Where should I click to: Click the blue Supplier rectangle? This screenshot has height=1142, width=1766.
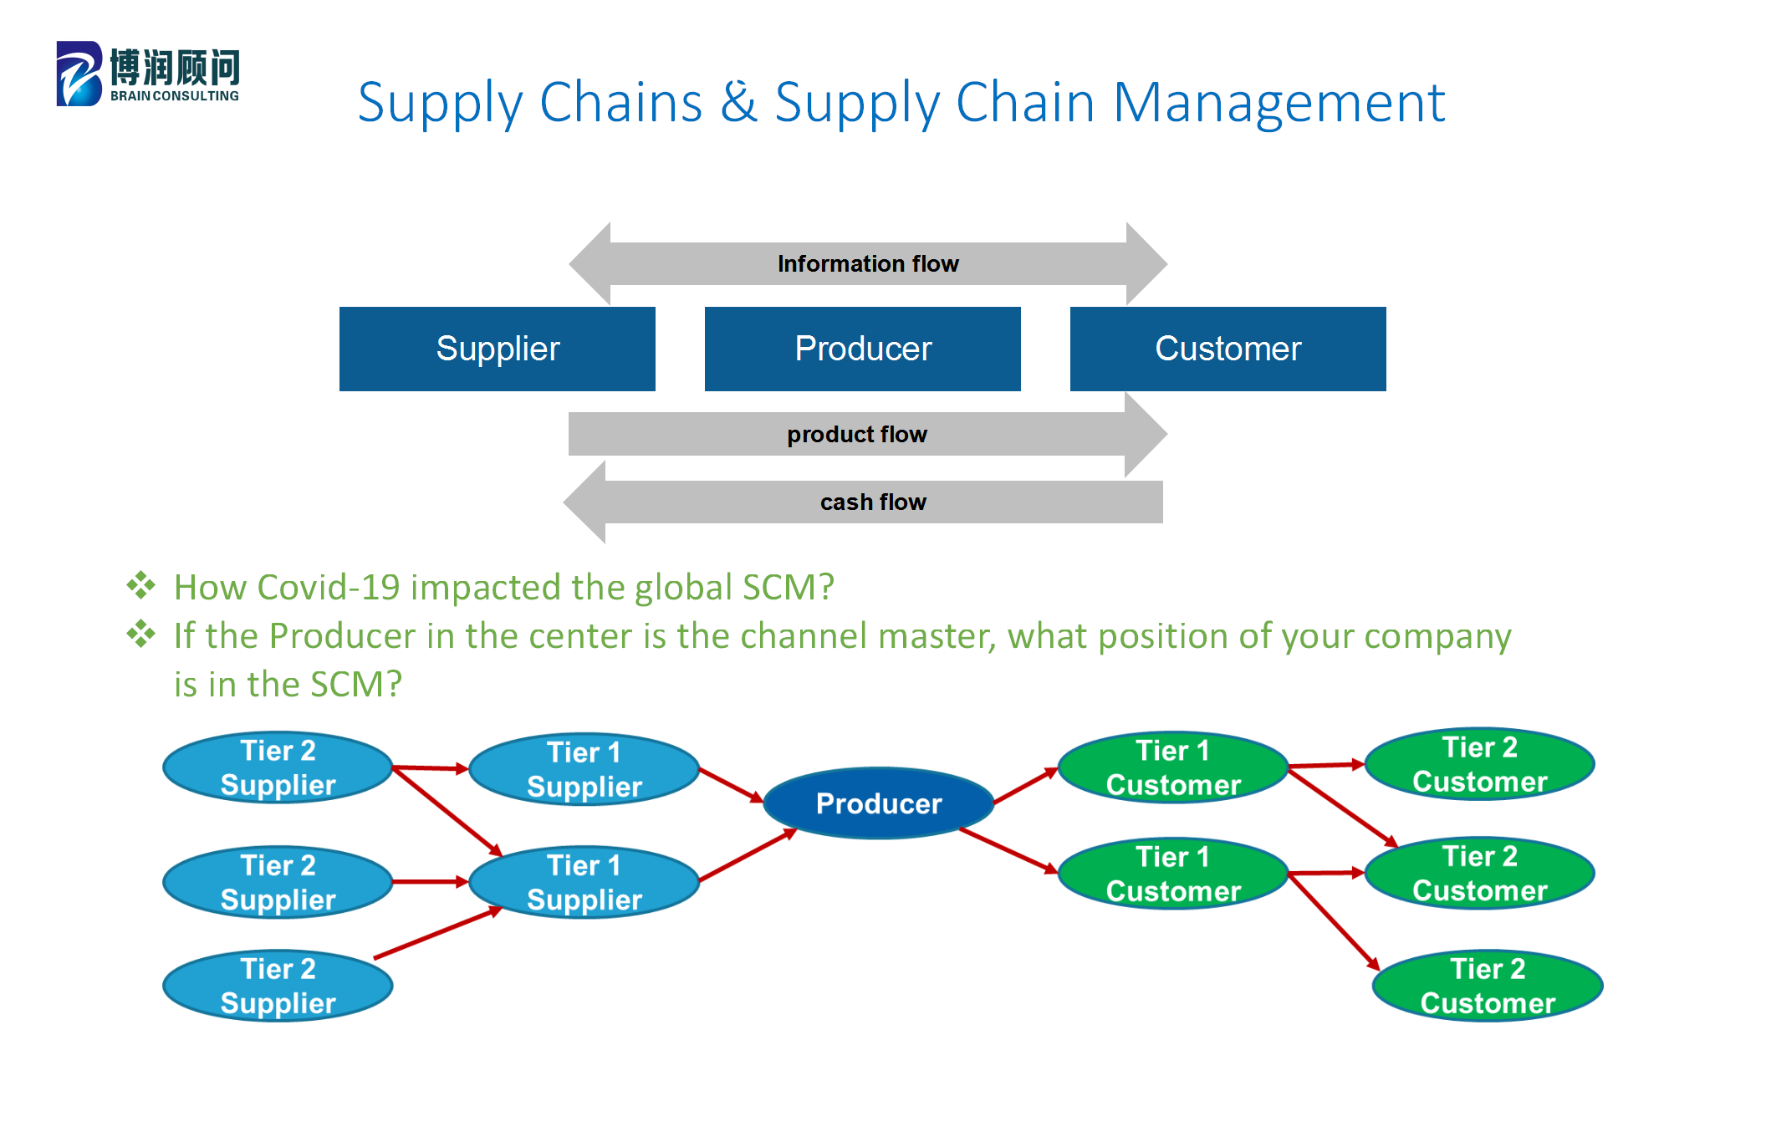click(x=497, y=349)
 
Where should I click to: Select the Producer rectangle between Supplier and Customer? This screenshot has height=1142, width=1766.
click(x=862, y=349)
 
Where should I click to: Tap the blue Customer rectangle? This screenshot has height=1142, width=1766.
click(x=1228, y=349)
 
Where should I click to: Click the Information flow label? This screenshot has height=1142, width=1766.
click(x=868, y=264)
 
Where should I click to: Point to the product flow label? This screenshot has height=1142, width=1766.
click(x=857, y=435)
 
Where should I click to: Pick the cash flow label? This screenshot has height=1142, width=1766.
click(x=873, y=502)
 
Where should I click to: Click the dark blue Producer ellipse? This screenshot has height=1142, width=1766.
click(x=878, y=803)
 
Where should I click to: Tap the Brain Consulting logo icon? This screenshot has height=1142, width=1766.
click(x=79, y=74)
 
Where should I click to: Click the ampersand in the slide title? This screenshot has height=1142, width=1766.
click(x=738, y=103)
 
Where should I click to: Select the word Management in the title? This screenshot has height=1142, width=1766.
click(x=1279, y=103)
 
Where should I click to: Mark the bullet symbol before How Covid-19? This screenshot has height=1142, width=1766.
click(x=140, y=585)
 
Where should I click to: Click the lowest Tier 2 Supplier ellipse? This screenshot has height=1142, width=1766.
click(x=278, y=986)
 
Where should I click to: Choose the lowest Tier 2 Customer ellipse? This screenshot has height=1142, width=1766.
click(x=1488, y=986)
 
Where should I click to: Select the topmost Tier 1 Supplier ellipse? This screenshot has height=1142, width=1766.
click(x=584, y=769)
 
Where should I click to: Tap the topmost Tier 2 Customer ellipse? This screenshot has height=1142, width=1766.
click(x=1479, y=764)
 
